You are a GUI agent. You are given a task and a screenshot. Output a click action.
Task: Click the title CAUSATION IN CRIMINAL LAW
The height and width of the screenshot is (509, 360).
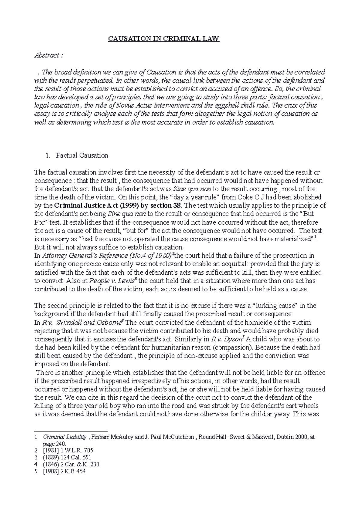(164, 39)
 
